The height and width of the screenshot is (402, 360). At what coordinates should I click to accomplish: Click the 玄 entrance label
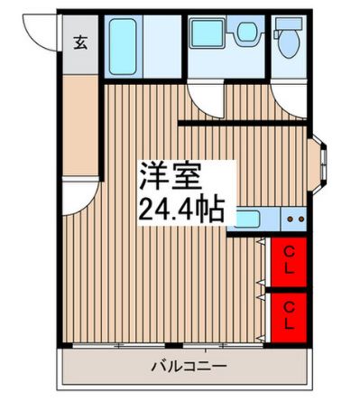[x=80, y=42]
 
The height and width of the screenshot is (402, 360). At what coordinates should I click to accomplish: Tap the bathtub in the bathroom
[x=123, y=46]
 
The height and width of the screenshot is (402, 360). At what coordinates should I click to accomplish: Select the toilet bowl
[x=289, y=43]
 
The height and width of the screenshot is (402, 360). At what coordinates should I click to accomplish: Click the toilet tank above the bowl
[x=289, y=23]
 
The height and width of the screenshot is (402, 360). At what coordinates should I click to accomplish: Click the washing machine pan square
[x=208, y=33]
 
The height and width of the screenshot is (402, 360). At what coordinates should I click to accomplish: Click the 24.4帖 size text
[x=181, y=209]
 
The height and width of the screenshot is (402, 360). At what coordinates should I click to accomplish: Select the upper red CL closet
[x=289, y=262]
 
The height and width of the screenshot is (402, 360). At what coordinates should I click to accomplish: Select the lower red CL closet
[x=289, y=317]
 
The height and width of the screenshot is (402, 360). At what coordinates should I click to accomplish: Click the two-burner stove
[x=294, y=219]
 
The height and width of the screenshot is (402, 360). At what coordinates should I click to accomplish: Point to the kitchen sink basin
[x=247, y=219]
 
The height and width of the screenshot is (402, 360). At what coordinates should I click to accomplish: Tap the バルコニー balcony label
[x=189, y=367]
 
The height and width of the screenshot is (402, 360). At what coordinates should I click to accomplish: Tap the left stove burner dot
[x=291, y=220]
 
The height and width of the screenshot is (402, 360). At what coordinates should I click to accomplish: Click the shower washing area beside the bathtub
[x=162, y=46]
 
